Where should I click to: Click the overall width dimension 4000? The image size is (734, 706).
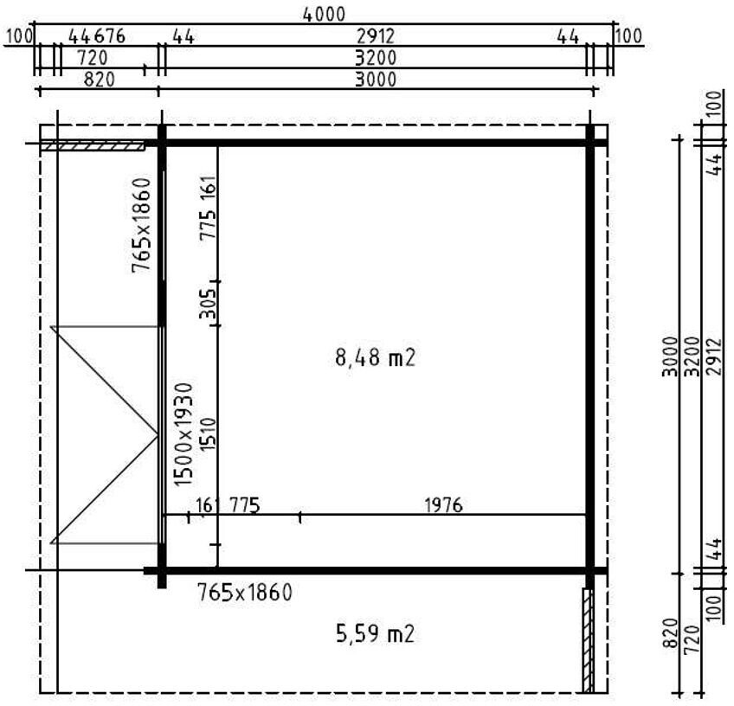324,15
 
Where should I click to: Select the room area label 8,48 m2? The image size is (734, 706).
376,358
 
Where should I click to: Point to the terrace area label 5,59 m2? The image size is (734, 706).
376,634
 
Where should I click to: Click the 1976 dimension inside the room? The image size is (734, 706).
443,505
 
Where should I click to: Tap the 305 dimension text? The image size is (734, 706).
208,303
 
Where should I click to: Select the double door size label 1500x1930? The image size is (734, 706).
183,434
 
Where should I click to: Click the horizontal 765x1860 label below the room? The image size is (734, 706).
245,593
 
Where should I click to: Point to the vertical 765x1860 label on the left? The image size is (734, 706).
141,225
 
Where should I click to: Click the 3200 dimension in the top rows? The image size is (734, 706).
376,58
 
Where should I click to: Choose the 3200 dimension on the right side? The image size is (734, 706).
692,356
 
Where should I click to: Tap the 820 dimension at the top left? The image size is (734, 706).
100,80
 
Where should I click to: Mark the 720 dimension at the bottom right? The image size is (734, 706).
692,639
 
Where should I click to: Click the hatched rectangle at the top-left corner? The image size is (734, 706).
93,146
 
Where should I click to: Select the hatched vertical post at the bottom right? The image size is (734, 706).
588,640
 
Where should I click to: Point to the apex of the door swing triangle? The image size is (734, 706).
158,435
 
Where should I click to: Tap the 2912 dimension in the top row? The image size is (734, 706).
376,36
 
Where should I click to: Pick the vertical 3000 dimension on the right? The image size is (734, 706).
670,356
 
